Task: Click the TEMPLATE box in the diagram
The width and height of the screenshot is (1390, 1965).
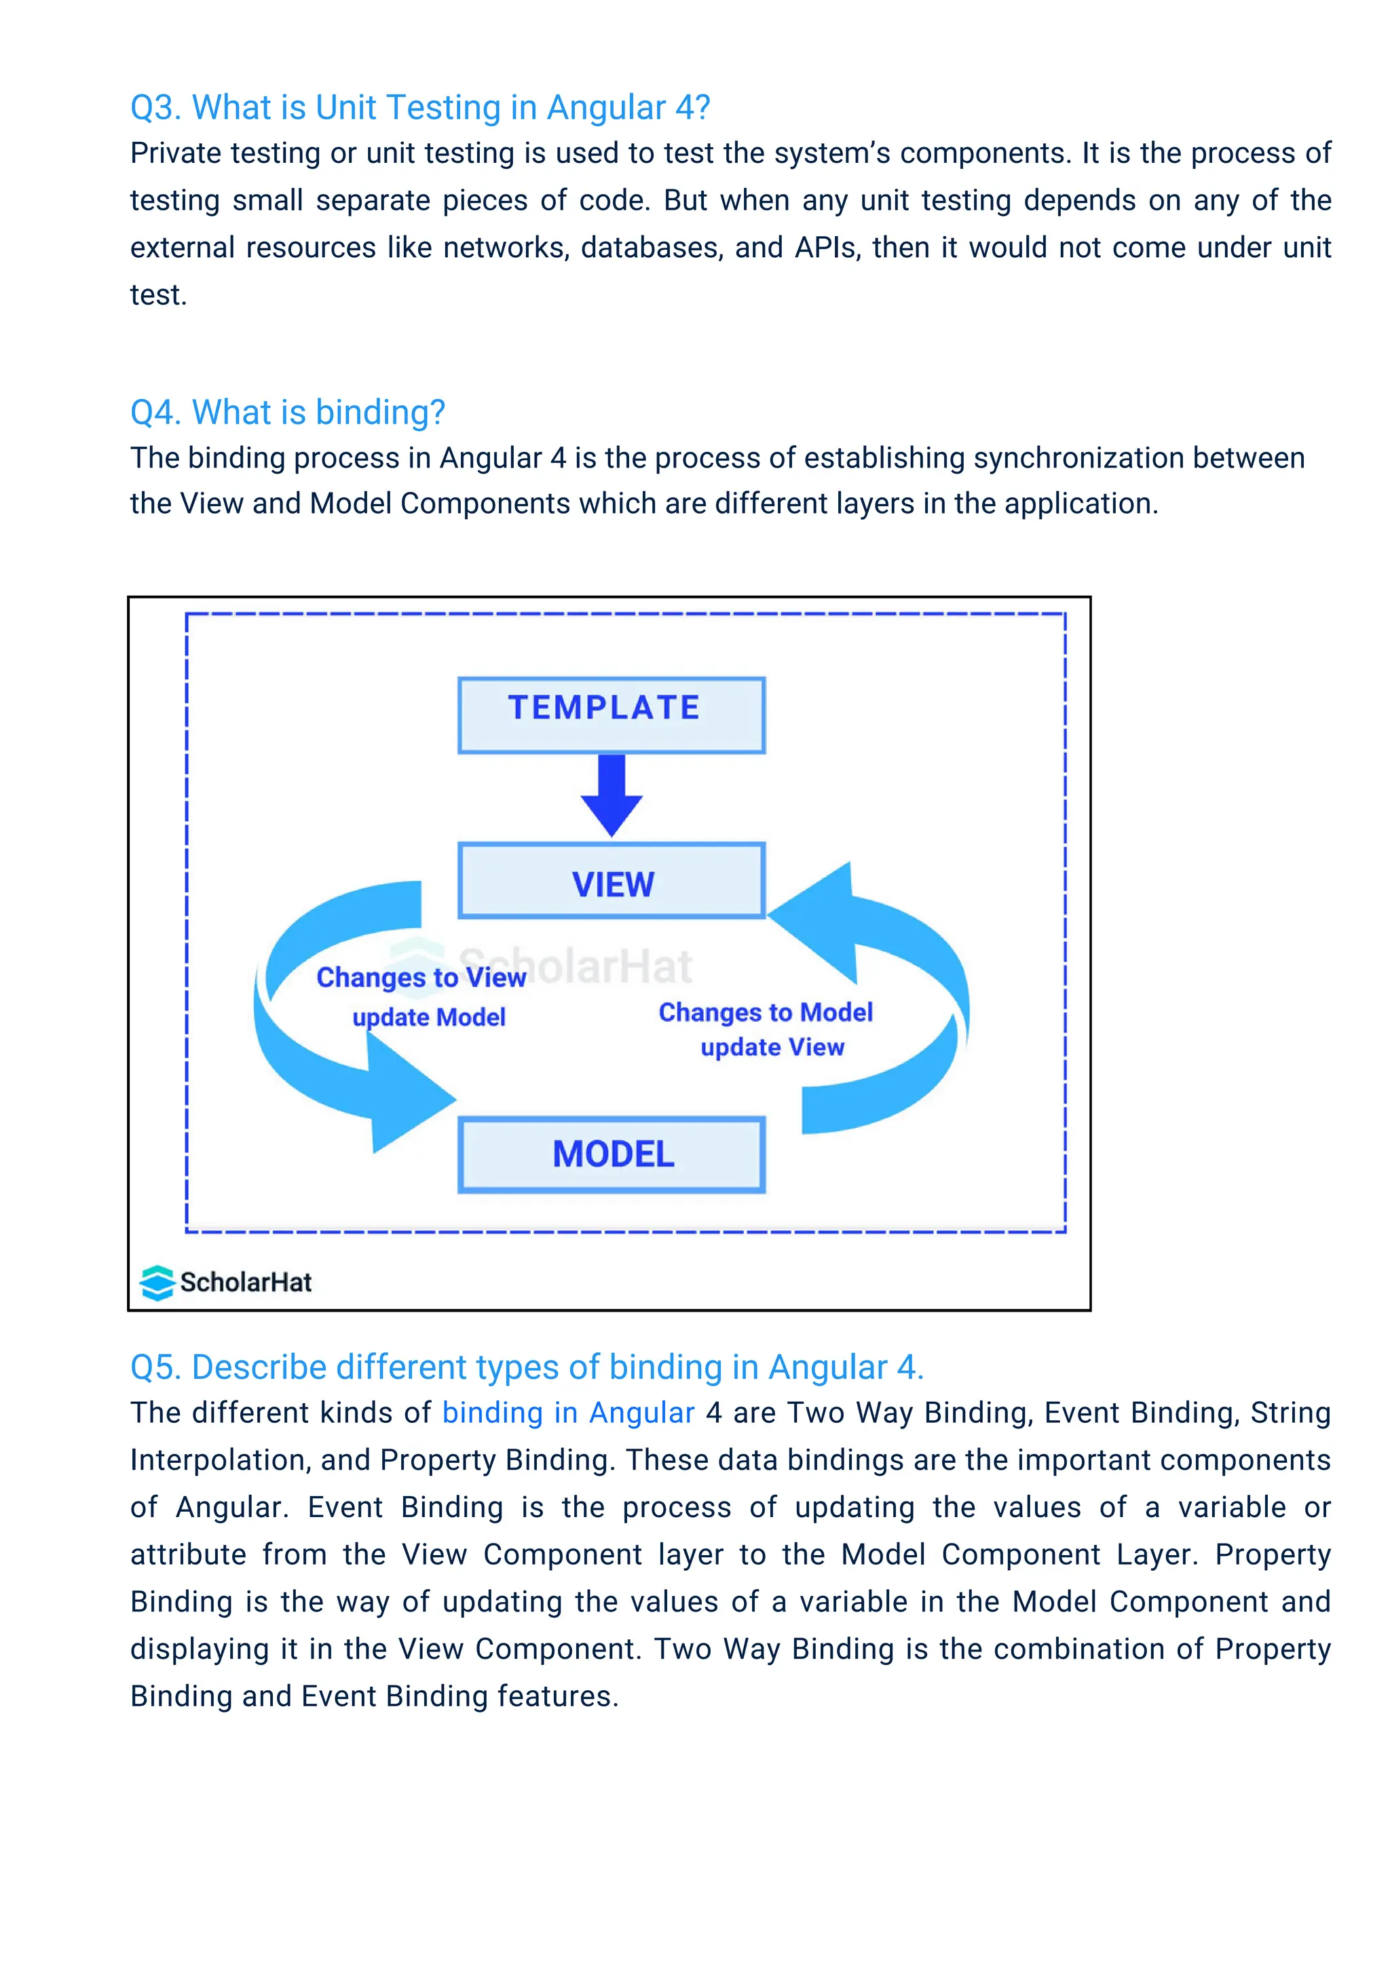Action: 611,714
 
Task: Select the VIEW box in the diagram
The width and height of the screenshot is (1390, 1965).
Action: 611,881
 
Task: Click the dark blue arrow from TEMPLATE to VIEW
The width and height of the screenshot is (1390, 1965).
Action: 611,795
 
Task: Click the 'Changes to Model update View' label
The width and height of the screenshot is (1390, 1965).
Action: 767,1029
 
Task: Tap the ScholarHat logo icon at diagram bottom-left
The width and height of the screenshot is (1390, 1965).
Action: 157,1282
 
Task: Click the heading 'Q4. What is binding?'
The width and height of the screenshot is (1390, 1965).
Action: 288,413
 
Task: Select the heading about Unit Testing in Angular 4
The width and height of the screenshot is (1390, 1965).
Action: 420,108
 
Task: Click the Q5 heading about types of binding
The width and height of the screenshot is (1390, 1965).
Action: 527,1367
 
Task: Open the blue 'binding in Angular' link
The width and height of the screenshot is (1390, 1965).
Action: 567,1413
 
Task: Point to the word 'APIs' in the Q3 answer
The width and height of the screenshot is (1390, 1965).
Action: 827,248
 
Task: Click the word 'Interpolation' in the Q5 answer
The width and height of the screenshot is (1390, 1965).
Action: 220,1461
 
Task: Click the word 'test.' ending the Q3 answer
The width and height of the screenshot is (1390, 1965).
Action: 158,295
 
